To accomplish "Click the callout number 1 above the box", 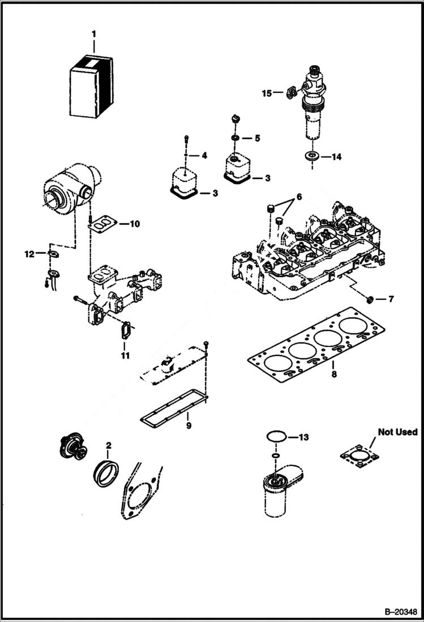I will coord(94,35).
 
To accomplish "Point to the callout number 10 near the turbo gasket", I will coord(134,224).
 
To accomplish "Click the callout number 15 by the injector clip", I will coord(266,93).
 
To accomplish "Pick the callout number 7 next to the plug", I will coord(391,298).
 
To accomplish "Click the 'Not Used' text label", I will coord(397,432).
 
